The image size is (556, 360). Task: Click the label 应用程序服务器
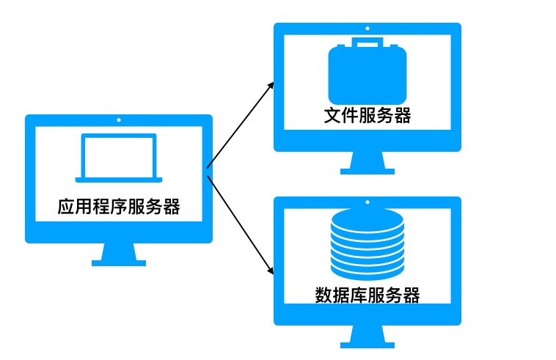pos(119,207)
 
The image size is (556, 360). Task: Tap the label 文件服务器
pos(367,116)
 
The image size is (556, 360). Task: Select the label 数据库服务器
pos(367,295)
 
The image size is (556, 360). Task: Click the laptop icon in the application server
pos(119,158)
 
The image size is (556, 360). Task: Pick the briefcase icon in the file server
pos(367,76)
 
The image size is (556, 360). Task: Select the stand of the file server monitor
pos(367,163)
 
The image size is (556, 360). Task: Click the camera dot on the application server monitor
pos(119,119)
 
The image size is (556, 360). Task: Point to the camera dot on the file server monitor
pos(367,28)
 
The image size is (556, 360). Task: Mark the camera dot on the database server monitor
pos(367,202)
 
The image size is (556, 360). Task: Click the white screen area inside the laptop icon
pos(119,155)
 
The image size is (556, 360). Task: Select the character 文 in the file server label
pos(332,116)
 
